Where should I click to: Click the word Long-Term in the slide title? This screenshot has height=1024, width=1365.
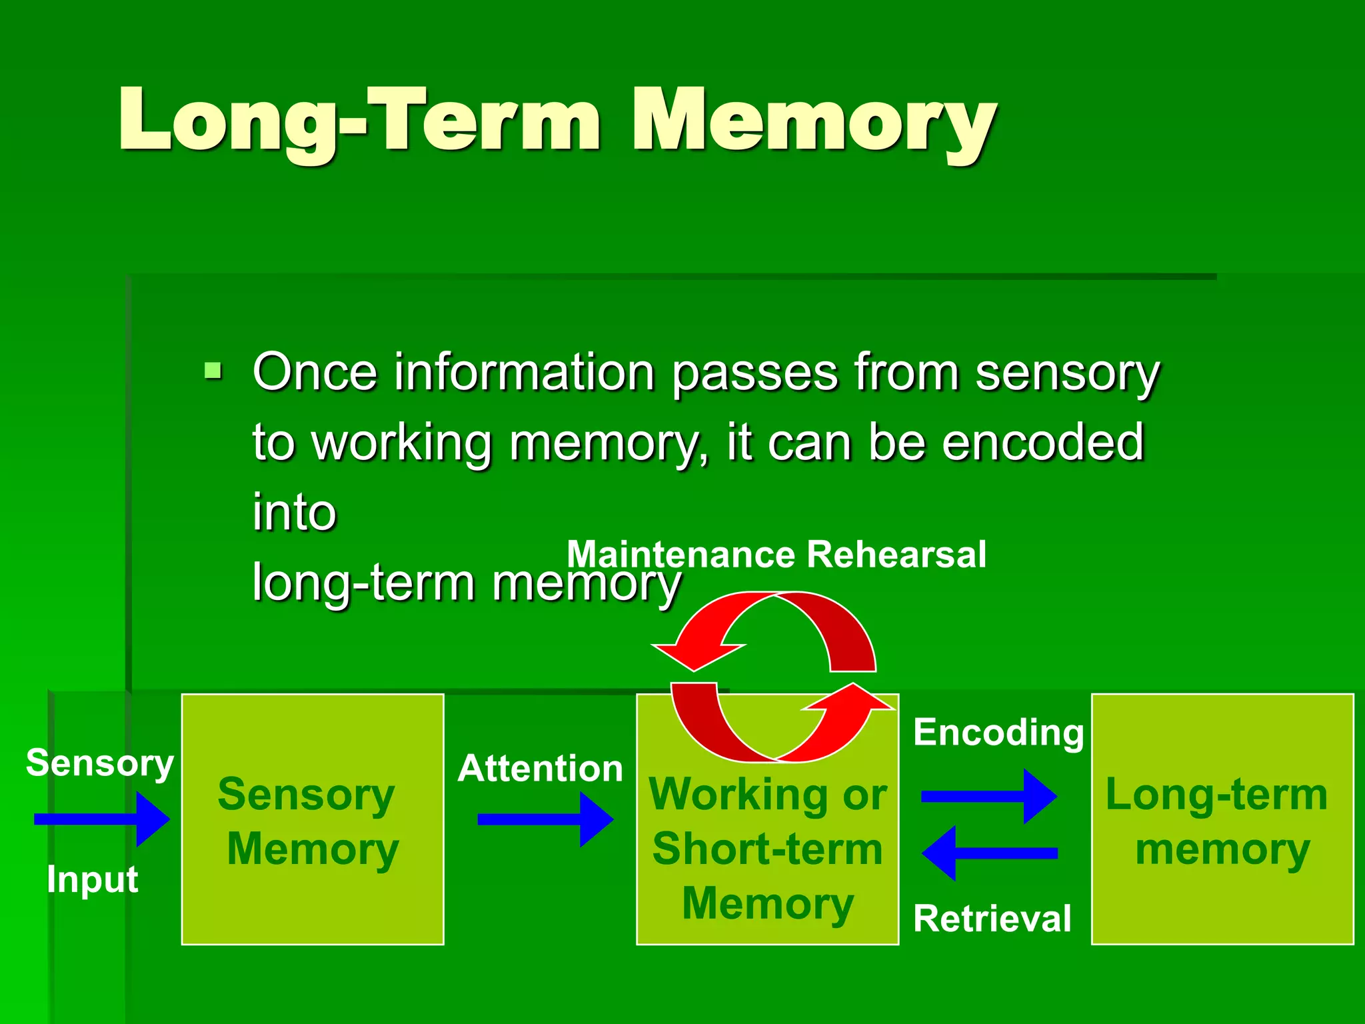click(360, 120)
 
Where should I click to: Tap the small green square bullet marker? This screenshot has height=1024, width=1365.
click(213, 371)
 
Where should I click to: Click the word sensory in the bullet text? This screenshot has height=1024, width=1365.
click(1067, 373)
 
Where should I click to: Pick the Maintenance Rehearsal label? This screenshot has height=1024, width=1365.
click(776, 555)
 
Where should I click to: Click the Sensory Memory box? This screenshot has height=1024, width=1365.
click(313, 819)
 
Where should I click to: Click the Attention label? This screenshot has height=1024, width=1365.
click(540, 768)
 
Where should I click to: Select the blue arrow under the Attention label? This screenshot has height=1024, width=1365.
click(545, 819)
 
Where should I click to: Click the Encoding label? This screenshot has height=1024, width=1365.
click(998, 732)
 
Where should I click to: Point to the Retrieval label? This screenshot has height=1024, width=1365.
click(992, 918)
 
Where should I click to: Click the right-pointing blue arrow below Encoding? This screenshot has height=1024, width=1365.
click(988, 796)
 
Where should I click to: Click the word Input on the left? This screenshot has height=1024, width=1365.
click(92, 879)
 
